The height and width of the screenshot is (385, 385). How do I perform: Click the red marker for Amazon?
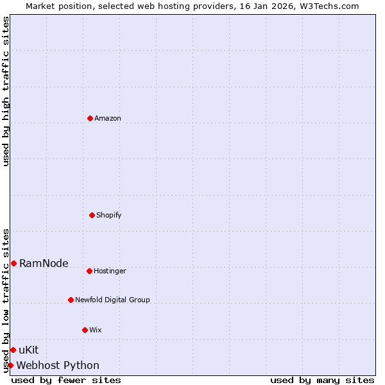tap(90, 118)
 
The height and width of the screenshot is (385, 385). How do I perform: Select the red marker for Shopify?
tap(92, 215)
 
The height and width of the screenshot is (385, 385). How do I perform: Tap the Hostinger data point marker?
tap(89, 271)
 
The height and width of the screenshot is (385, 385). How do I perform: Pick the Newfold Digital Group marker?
tap(71, 300)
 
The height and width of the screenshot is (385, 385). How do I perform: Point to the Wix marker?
tap(85, 330)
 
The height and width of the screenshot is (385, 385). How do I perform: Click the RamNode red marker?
tap(13, 263)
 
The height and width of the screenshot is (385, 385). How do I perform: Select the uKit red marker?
tap(13, 350)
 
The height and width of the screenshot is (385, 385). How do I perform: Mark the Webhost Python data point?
tap(10, 365)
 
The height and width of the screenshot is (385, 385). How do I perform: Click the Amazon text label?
tap(108, 118)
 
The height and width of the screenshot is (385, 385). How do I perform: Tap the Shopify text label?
tap(109, 215)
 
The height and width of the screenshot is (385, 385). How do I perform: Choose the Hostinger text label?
tap(110, 271)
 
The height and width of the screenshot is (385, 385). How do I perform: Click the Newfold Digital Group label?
tap(112, 300)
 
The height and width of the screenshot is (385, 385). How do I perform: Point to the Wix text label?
tap(96, 330)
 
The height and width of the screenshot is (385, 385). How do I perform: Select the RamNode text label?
tap(44, 263)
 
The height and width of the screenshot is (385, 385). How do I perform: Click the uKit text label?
tap(29, 350)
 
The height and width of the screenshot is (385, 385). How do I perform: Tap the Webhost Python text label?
tap(58, 365)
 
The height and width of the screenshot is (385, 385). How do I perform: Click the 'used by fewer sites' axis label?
tap(66, 380)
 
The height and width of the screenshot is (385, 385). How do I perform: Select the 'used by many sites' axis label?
tap(322, 380)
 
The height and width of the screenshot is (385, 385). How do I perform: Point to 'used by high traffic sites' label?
tap(6, 91)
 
